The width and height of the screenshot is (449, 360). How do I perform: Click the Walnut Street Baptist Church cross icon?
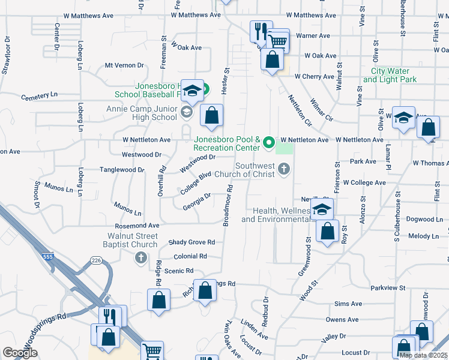coord(141,258)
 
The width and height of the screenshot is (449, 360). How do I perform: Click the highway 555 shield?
coord(47,257)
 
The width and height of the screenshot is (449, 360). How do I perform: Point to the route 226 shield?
coord(96,260)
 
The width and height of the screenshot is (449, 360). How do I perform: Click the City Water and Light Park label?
coord(390,75)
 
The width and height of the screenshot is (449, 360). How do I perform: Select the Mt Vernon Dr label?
coord(125,65)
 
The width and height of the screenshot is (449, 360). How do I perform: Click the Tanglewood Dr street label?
coord(122,170)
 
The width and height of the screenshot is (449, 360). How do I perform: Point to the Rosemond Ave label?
coord(137,225)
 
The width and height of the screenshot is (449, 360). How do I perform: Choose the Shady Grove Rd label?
coord(191,242)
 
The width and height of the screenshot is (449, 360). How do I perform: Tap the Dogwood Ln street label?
coord(424,220)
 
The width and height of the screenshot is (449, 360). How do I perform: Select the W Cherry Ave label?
coord(313,77)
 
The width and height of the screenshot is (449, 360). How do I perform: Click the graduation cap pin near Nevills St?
coord(322,209)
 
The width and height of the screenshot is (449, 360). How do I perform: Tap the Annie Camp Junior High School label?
coord(142,113)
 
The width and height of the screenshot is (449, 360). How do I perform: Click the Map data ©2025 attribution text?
coord(423,355)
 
